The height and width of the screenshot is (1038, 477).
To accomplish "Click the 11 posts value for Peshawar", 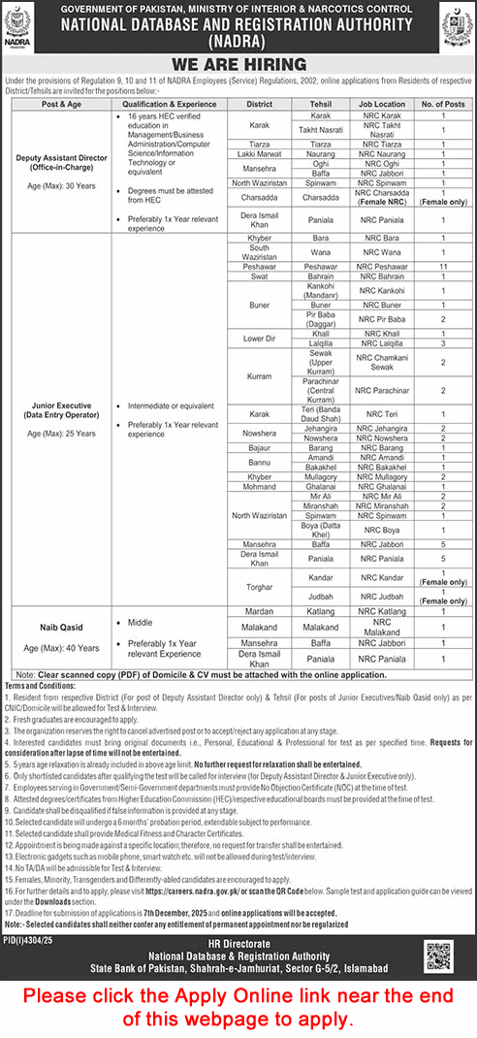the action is coord(443,264).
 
